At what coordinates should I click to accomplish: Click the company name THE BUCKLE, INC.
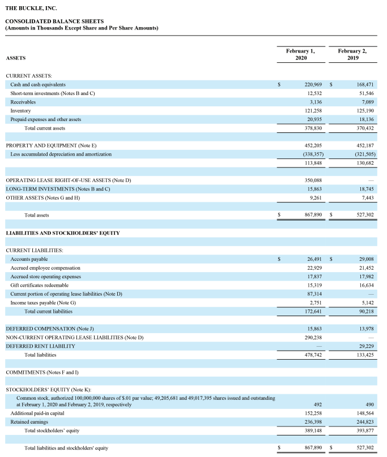[31, 8]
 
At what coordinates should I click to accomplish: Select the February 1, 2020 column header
[300, 54]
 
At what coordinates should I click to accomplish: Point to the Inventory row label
[20, 110]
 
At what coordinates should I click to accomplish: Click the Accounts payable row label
[29, 258]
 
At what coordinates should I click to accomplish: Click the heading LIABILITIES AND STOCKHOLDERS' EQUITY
[62, 232]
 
